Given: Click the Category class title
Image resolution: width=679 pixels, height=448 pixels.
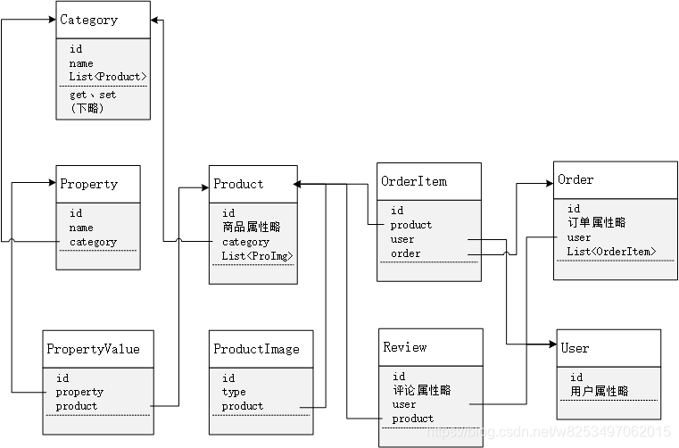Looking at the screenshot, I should point(88,20).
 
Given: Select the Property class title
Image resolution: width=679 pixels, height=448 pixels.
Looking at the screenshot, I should point(88,184).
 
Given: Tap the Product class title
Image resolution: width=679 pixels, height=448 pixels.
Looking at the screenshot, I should point(238,184).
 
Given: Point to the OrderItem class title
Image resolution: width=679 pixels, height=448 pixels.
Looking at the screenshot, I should point(414,181).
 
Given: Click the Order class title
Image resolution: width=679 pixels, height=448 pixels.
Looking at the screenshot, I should point(575,179).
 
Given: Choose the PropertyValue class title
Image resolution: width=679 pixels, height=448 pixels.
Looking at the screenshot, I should point(93,349).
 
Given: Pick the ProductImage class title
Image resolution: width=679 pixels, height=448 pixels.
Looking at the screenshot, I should point(256,349).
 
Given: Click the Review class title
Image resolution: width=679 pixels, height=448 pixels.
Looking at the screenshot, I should point(404,346).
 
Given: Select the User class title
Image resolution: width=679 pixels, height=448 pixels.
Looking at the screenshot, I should point(574,347).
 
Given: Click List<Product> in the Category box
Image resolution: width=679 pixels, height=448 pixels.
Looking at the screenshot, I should point(107,77).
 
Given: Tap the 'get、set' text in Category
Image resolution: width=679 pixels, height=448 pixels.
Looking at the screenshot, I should point(93,95).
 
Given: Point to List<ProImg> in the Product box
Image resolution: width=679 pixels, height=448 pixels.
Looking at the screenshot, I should point(257,256).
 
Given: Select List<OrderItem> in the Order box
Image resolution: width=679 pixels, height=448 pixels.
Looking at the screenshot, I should point(611,252).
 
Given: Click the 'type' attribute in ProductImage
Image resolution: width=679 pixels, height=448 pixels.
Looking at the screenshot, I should point(234,392).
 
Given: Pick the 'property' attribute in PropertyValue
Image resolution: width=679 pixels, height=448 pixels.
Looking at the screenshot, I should point(79,392).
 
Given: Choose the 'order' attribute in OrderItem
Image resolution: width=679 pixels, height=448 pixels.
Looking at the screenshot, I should point(405,253).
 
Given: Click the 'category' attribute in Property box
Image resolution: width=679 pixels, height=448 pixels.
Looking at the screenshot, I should point(93,242).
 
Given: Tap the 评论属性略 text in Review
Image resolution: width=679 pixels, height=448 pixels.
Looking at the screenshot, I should point(421,390).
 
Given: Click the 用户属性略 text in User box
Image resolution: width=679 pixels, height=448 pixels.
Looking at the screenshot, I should point(599,391).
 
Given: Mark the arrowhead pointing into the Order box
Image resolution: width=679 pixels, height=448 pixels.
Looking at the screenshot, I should point(548,183).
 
